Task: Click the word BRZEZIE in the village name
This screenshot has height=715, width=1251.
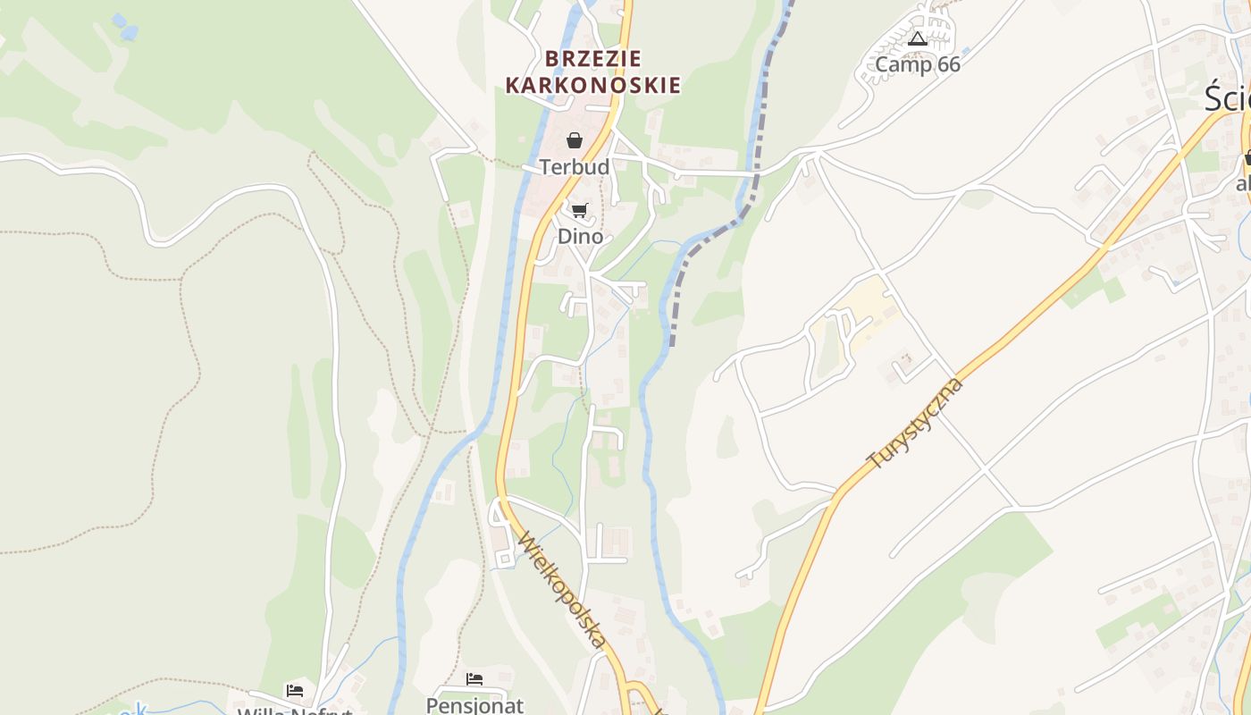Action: pyautogui.click(x=593, y=59)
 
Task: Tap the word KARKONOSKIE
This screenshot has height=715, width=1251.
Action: pyautogui.click(x=593, y=86)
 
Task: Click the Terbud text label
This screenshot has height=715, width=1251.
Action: pyautogui.click(x=575, y=167)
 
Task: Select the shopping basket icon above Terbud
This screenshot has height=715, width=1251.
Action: pyautogui.click(x=575, y=140)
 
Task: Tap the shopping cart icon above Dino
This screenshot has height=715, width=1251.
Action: pyautogui.click(x=580, y=211)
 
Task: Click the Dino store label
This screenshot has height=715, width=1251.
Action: pyautogui.click(x=580, y=237)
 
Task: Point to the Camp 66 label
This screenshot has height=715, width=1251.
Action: pyautogui.click(x=917, y=64)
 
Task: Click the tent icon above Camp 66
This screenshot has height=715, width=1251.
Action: pyautogui.click(x=917, y=38)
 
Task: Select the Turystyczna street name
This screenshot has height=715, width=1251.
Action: pyautogui.click(x=916, y=424)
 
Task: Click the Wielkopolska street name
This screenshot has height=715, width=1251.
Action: pyautogui.click(x=562, y=591)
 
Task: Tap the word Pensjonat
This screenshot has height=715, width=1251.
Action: pyautogui.click(x=474, y=704)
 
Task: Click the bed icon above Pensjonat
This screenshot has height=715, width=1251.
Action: pyautogui.click(x=474, y=679)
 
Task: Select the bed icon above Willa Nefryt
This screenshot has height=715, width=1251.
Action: pyautogui.click(x=295, y=690)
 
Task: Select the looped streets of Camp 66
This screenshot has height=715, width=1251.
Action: pyautogui.click(x=903, y=45)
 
